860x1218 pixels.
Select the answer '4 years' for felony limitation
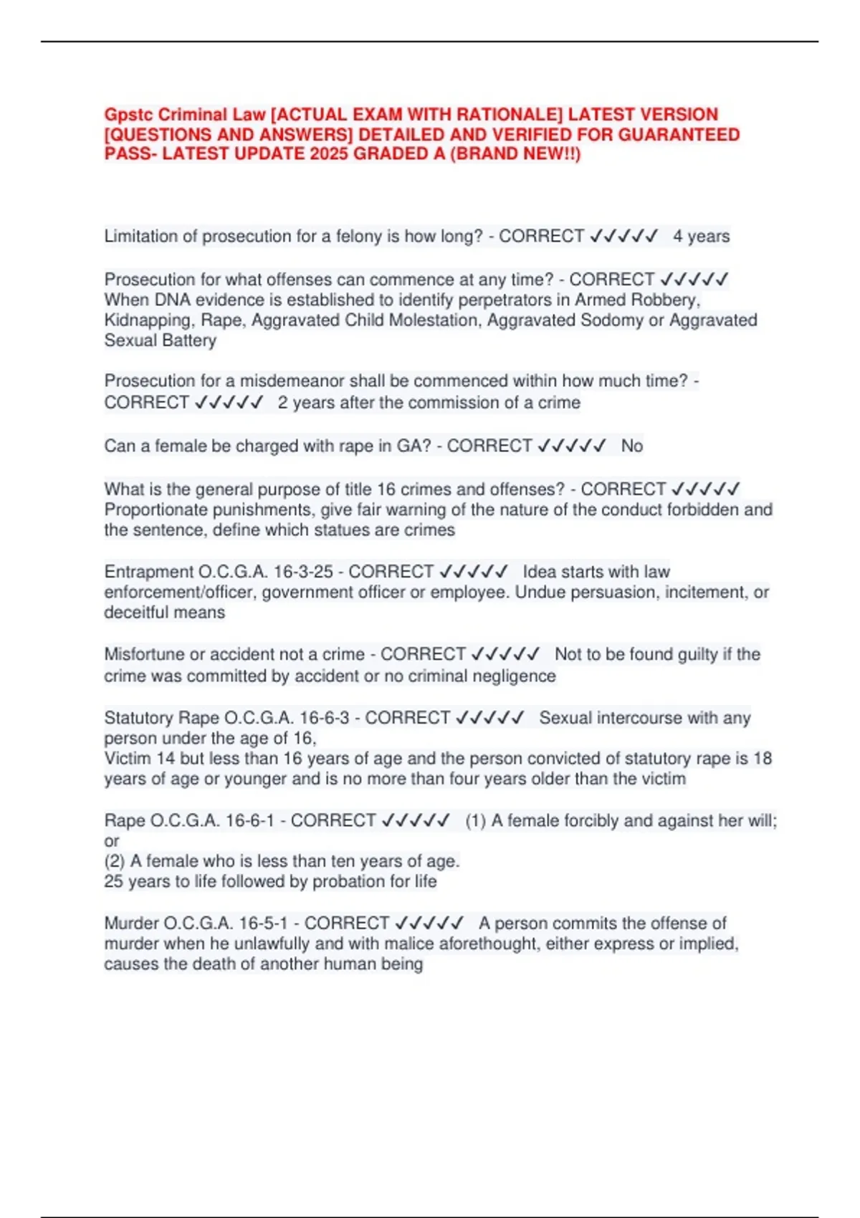pyautogui.click(x=701, y=236)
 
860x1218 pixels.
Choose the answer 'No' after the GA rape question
pyautogui.click(x=631, y=446)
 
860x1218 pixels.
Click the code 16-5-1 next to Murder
pyautogui.click(x=263, y=924)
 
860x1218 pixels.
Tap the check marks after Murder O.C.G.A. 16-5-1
pyautogui.click(x=429, y=924)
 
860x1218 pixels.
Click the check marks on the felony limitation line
pyautogui.click(x=623, y=236)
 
